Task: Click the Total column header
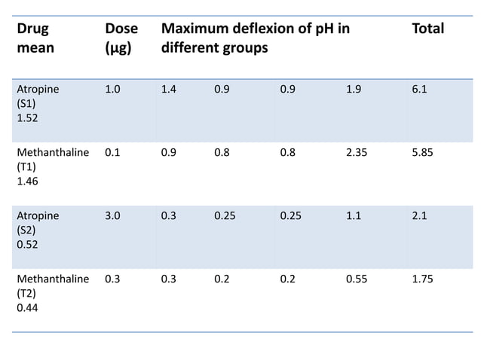(427, 29)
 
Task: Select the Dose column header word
(121, 29)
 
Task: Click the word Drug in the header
(33, 29)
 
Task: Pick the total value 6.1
(419, 89)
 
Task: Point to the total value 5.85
(422, 152)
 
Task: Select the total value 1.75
(422, 279)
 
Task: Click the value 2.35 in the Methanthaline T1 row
(357, 152)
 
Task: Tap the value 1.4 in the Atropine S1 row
(169, 89)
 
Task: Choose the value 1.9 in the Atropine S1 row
(353, 89)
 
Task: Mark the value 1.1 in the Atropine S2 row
(353, 215)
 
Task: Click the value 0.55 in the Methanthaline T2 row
(357, 279)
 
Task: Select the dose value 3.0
(112, 215)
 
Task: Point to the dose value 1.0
(112, 89)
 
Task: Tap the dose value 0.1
(112, 152)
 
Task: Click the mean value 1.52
(27, 117)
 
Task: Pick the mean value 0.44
(27, 307)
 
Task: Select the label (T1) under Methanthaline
(26, 166)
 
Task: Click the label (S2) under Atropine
(26, 230)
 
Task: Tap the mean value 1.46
(27, 181)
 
